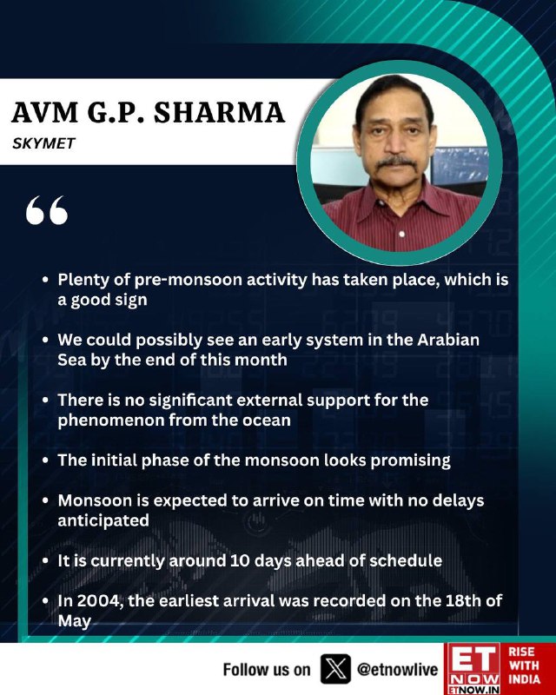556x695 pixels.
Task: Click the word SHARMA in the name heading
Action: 219,113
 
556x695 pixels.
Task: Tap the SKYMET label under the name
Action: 44,143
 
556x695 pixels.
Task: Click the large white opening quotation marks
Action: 47,210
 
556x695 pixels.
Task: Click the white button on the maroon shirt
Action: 401,234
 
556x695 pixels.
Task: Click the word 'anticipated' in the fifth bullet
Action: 103,520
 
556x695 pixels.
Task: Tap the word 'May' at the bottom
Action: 74,621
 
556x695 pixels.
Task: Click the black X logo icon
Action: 335,669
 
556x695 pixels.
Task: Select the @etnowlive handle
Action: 397,669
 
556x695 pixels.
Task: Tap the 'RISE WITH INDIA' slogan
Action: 524,665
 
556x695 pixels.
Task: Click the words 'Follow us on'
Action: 267,669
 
